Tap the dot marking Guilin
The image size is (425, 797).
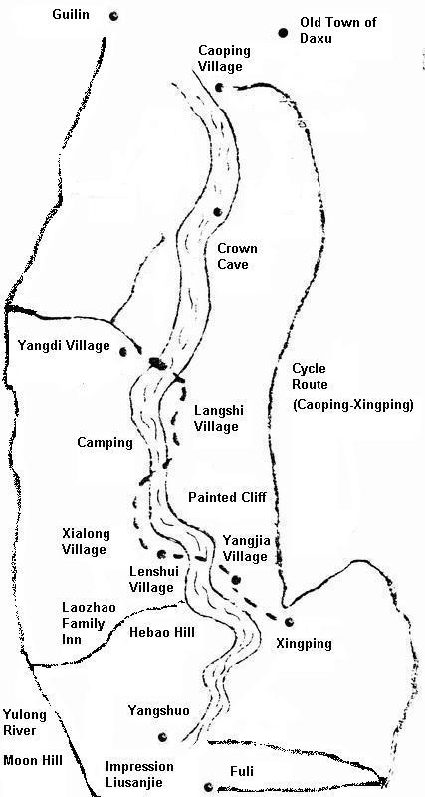(113, 16)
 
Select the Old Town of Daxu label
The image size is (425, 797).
(338, 30)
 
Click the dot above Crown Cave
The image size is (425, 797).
(216, 211)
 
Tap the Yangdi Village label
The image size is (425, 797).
(64, 346)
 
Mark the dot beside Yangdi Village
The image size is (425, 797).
(123, 350)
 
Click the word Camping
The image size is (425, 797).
(105, 442)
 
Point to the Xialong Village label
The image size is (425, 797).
(85, 541)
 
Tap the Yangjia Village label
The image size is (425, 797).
(245, 549)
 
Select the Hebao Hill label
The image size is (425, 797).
(163, 632)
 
